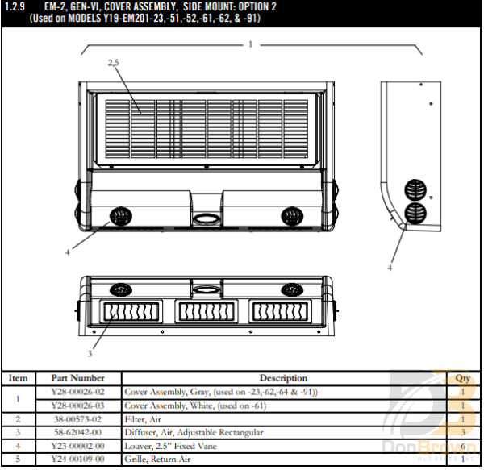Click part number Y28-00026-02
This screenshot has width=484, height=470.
click(77, 391)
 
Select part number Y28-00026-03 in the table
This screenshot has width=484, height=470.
click(77, 405)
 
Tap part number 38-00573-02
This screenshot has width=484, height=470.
click(77, 419)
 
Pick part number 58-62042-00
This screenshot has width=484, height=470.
click(77, 433)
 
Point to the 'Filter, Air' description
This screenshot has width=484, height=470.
click(144, 419)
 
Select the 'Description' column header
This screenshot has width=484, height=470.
click(283, 377)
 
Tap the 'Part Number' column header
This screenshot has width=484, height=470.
click(77, 377)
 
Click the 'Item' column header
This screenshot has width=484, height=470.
click(18, 377)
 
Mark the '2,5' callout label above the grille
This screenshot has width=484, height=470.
click(114, 62)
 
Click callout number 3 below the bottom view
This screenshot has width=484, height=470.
click(90, 353)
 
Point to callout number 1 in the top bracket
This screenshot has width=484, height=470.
click(251, 44)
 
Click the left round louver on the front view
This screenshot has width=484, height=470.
click(119, 215)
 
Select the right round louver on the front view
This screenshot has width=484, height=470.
click(291, 215)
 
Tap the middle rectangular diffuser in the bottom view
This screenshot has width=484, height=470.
click(206, 311)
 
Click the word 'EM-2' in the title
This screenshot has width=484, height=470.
click(56, 6)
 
